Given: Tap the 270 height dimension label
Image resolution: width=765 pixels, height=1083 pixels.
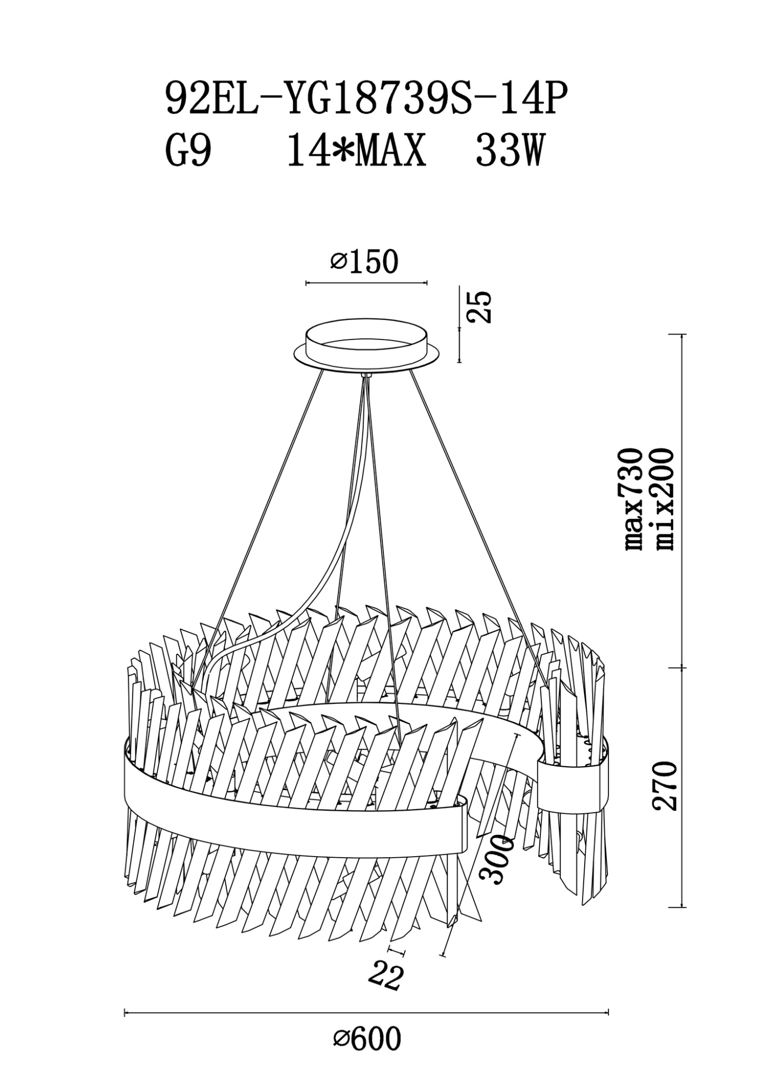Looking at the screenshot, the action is [x=664, y=785].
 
